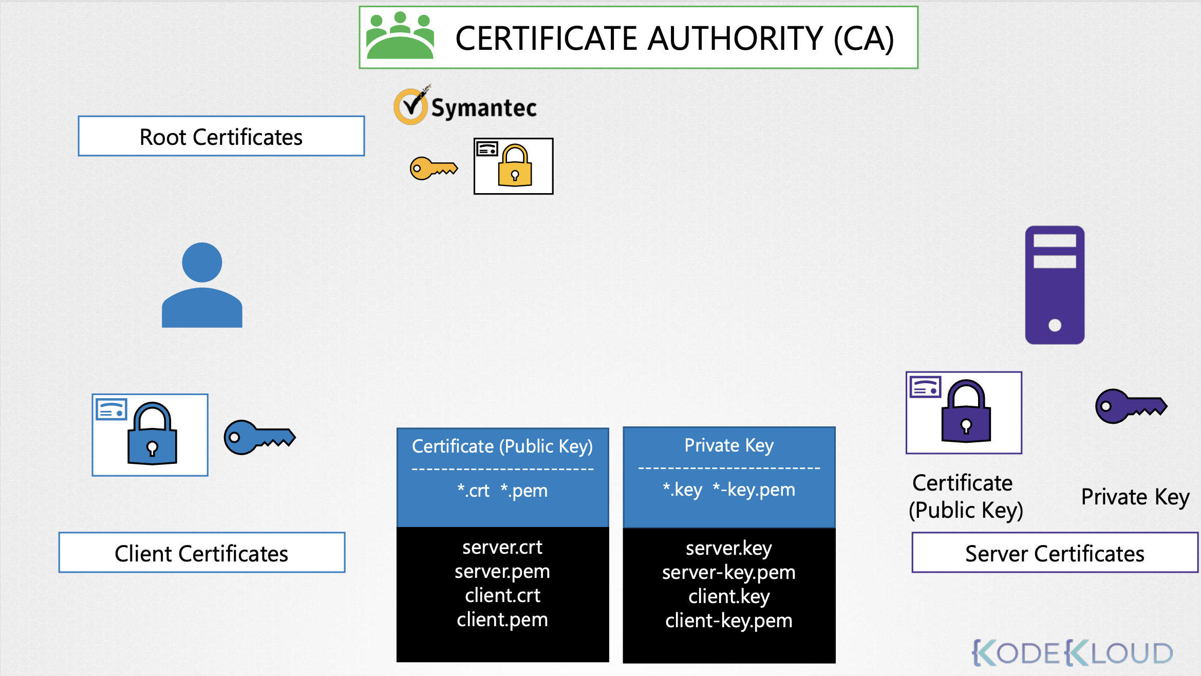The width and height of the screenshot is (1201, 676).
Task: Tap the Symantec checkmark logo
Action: click(x=410, y=106)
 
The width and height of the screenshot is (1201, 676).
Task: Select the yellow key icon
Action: click(x=434, y=168)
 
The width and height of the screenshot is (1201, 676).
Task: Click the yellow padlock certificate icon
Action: click(x=513, y=166)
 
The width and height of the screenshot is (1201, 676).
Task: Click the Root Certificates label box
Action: click(x=221, y=136)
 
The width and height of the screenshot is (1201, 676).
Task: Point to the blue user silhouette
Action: click(x=202, y=285)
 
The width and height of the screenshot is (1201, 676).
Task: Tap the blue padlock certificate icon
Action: click(x=150, y=435)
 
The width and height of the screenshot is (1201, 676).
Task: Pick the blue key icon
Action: click(x=259, y=437)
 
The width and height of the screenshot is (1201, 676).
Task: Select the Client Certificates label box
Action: click(x=202, y=553)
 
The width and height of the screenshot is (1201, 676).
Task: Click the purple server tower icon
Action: click(x=1055, y=285)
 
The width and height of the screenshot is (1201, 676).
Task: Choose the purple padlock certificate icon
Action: click(x=964, y=412)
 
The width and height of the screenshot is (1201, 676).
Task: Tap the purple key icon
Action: click(x=1131, y=406)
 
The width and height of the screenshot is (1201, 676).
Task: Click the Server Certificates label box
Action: click(x=1055, y=553)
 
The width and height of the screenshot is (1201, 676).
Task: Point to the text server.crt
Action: click(x=502, y=548)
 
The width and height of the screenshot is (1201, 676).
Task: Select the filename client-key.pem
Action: click(x=728, y=621)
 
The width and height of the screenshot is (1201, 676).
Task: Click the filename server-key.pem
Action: click(x=728, y=572)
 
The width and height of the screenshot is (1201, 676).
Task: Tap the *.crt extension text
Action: click(x=473, y=491)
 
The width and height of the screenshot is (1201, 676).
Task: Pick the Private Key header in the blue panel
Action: click(x=728, y=445)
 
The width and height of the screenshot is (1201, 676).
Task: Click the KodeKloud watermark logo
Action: click(x=1073, y=653)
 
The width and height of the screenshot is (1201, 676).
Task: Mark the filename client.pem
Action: click(x=502, y=619)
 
